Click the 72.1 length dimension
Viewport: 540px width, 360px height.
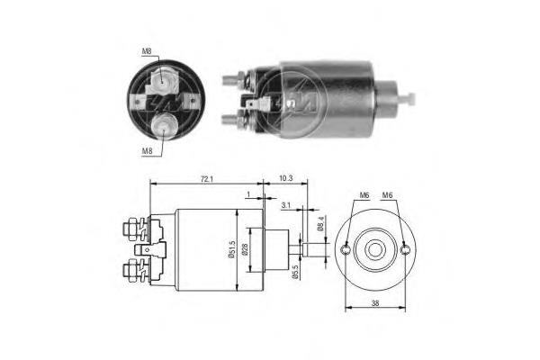point(206,180)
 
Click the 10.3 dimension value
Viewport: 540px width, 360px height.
point(286,180)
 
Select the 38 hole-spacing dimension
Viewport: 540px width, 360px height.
point(374,304)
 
